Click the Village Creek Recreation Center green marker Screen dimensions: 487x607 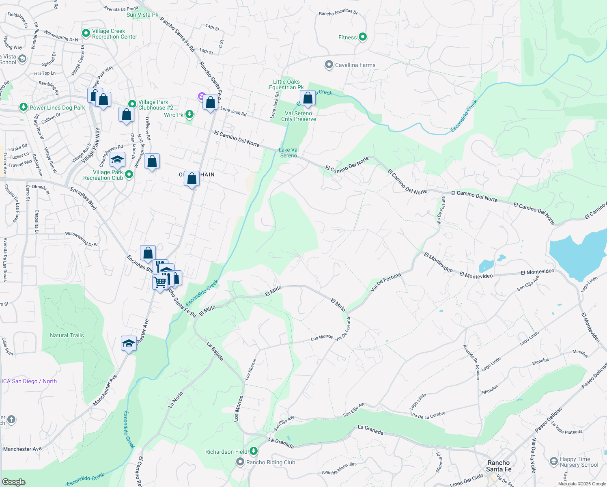point(86,34)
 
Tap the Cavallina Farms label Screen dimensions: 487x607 point(355,65)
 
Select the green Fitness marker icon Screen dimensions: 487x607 point(363,37)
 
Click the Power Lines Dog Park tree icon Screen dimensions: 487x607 point(24,107)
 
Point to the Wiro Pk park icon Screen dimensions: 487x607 point(189,114)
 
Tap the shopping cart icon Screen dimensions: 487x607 point(160,281)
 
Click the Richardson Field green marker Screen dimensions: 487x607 point(254,451)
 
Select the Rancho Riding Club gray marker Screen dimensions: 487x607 point(240,462)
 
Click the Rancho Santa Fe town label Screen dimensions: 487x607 point(499,466)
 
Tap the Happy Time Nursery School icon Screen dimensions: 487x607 point(553,461)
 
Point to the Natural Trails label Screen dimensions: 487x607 point(67,335)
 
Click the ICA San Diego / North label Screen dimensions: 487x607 point(29,381)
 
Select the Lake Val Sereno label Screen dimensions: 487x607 point(288,153)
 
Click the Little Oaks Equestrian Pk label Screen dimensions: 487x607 point(286,84)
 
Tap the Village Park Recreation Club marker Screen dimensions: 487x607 point(129,175)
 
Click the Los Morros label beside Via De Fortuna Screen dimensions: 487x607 point(322,337)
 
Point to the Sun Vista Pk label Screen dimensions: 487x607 point(142,15)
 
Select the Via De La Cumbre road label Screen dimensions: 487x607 point(428,414)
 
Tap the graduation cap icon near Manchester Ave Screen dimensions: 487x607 point(129,343)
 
